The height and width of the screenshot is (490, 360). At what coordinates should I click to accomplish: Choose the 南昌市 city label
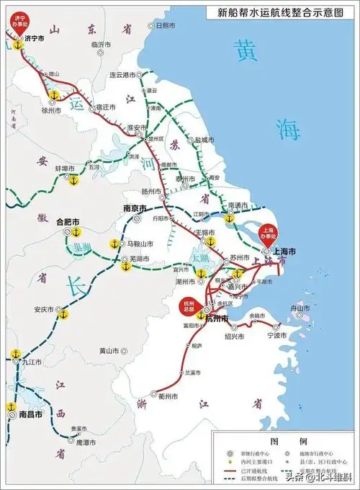pyautogui.click(x=31, y=415)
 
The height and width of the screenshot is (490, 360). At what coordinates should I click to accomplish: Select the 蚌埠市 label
pyautogui.click(x=66, y=168)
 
